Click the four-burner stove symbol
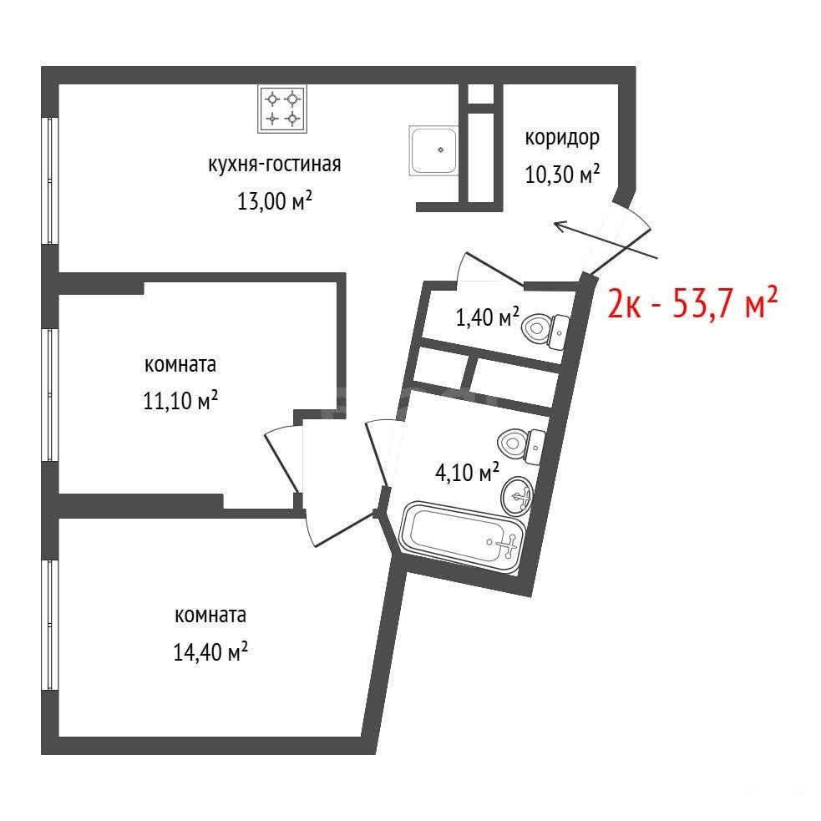(282, 109)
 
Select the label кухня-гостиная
(275, 165)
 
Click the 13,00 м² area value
(275, 200)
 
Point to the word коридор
(562, 139)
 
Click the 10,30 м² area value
(562, 174)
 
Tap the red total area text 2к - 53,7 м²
(692, 302)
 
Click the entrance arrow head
(560, 226)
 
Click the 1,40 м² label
(488, 317)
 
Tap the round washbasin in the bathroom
(517, 495)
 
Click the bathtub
(461, 538)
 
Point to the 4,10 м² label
(467, 472)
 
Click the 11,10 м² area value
(180, 401)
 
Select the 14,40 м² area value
(210, 652)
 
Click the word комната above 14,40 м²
(210, 616)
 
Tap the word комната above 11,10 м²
(180, 365)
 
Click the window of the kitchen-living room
(50, 180)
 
